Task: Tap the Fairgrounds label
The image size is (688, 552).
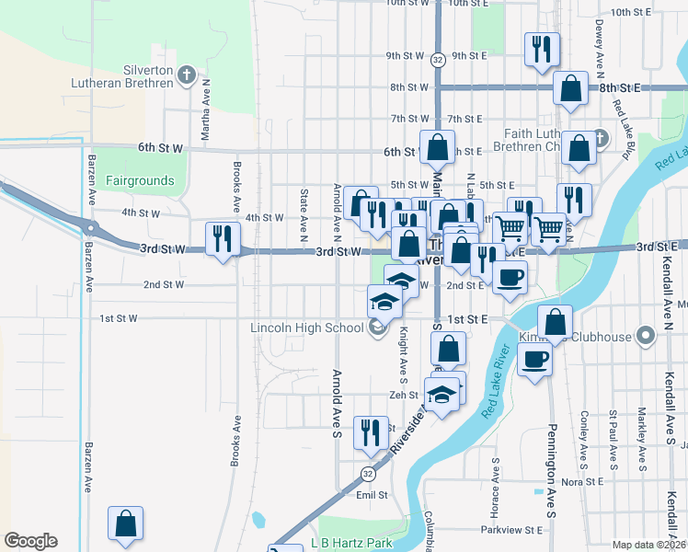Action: [x=140, y=180]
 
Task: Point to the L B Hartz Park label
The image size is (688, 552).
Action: [x=351, y=543]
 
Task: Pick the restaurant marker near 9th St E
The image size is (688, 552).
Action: [x=541, y=48]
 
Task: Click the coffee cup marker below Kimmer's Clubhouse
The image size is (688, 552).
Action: [x=533, y=359]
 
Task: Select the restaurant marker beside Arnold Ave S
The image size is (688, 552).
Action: [x=370, y=431]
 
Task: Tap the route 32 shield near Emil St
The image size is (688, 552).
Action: [x=367, y=474]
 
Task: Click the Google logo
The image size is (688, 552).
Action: [x=30, y=541]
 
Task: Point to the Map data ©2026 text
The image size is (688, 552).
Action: [x=649, y=545]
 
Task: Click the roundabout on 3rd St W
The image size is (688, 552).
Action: [x=89, y=226]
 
